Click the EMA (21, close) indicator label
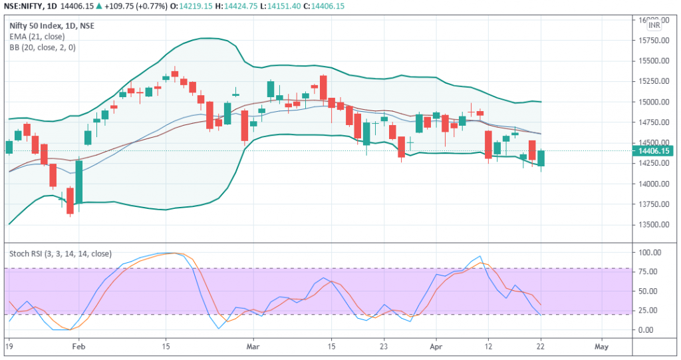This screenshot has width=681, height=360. (37, 37)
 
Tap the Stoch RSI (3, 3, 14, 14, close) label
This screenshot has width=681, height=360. (61, 254)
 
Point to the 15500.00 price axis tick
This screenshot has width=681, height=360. (652, 61)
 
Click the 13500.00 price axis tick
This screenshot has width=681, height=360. (652, 224)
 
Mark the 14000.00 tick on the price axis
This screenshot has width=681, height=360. (652, 184)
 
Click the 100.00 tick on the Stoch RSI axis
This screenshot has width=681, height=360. (648, 253)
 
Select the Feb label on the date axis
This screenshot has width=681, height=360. (79, 347)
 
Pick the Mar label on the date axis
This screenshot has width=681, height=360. (252, 347)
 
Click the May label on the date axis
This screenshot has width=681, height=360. (601, 347)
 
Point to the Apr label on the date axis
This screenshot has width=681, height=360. (437, 347)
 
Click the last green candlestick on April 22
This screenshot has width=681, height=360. (541, 158)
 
